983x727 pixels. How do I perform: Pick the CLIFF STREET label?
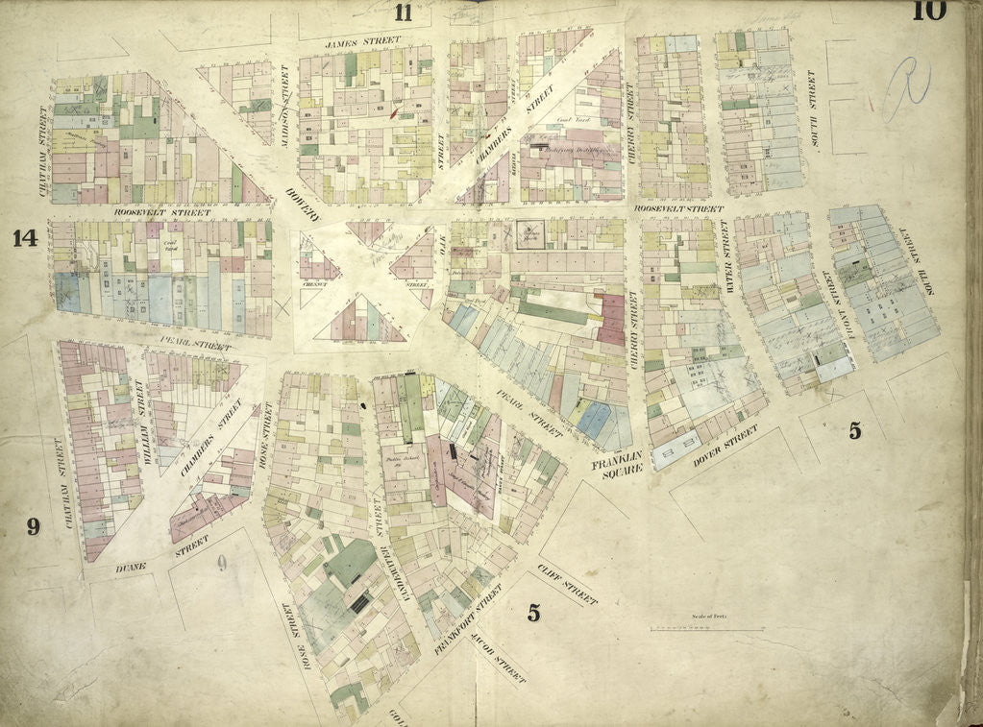(568, 584)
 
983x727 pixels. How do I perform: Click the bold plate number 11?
(403, 12)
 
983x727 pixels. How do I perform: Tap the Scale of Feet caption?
(710, 618)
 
